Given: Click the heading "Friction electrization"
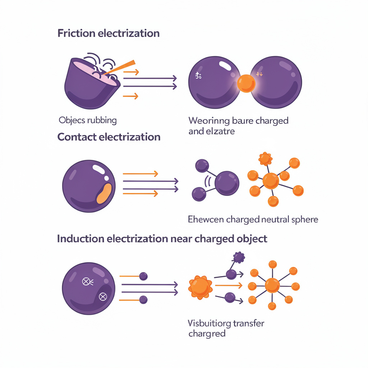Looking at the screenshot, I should pos(108,33).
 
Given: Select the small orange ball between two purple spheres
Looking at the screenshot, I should pos(247,83).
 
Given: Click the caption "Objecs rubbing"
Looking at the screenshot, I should pos(88,120).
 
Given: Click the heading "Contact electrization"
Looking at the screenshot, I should pos(109,137).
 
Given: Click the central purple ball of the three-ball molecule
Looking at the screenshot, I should pos(227,183).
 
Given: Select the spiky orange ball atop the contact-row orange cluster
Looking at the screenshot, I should pos(265,158).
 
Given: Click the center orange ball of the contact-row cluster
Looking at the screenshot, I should pos(271,181).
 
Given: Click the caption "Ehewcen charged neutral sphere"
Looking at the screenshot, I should pos(253,219).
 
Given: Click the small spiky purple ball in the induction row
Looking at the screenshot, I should pos(239,257).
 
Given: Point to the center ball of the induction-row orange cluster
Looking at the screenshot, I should pos(272,286).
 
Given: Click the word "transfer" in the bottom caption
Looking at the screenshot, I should pos(244,323).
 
